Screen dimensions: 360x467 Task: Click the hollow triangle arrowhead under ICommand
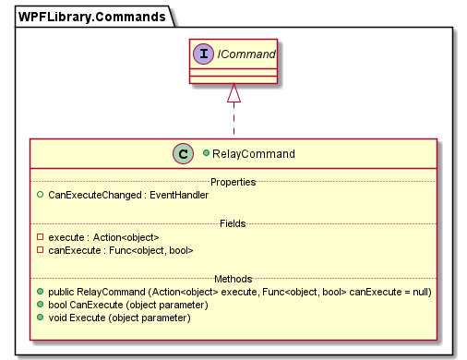click(x=233, y=93)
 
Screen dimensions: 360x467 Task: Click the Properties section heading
click(x=233, y=182)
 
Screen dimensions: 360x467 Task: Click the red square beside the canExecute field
click(x=40, y=249)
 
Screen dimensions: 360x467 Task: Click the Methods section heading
click(x=233, y=278)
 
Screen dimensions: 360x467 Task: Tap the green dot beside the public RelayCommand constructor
click(x=40, y=292)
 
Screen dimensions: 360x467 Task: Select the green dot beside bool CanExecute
click(x=40, y=305)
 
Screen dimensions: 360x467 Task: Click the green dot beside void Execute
click(x=40, y=318)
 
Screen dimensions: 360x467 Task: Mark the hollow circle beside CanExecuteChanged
click(x=40, y=195)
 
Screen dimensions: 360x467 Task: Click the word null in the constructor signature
click(x=420, y=292)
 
